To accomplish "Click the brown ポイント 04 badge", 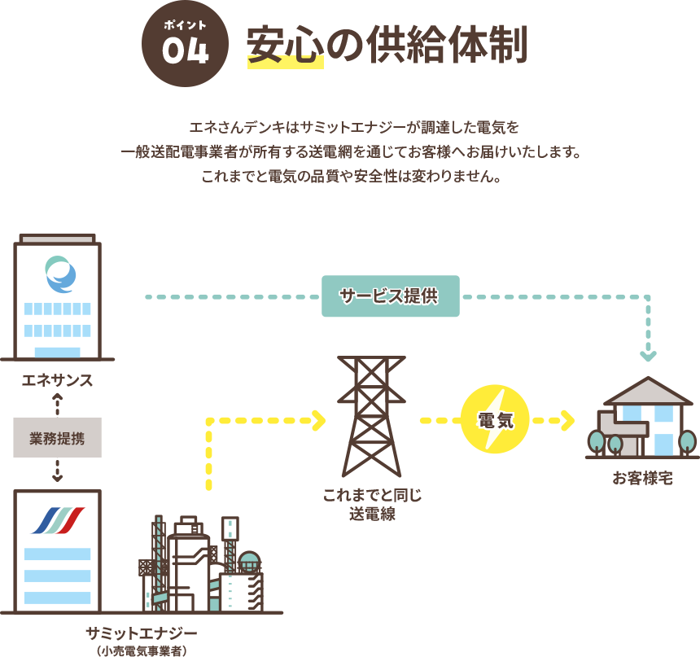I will (x=185, y=44).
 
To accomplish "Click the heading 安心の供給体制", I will (x=387, y=46).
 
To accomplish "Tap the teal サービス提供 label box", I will (x=391, y=296).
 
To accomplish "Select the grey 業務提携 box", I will (x=57, y=437).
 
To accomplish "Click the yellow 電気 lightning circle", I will (x=495, y=421).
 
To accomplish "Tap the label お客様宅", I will (x=642, y=478).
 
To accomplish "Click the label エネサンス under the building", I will (x=57, y=381).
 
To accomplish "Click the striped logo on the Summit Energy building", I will (x=58, y=520).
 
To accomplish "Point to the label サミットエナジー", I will (x=142, y=633).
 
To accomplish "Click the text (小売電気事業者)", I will (x=142, y=650).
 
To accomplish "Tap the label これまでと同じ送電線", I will (x=372, y=504).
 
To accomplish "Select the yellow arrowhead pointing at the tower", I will (x=318, y=421).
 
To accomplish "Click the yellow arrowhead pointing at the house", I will (x=567, y=421).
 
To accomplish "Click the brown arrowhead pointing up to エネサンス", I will (x=58, y=396).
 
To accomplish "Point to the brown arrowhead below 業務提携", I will (x=58, y=476).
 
